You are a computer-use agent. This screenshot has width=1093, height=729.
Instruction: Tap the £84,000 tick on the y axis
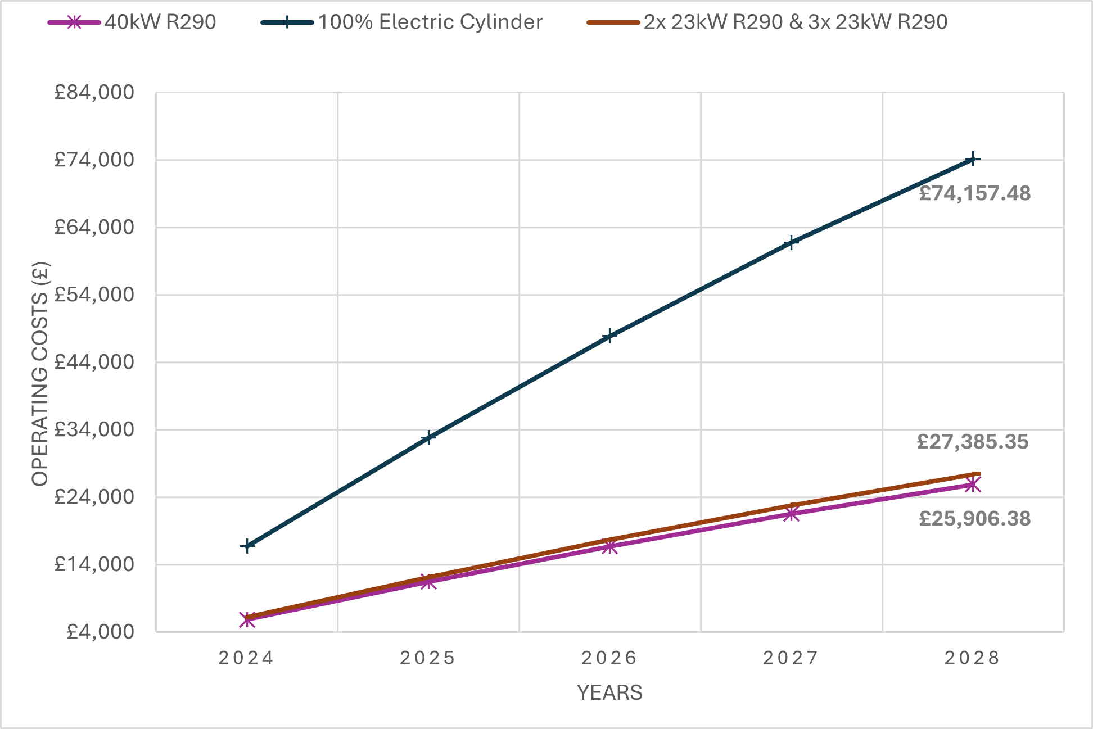[94, 93]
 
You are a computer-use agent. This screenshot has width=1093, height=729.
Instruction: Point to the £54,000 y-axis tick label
[94, 295]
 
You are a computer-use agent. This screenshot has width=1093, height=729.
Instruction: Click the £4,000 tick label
[100, 632]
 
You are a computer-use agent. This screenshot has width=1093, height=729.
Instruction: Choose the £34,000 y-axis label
[94, 430]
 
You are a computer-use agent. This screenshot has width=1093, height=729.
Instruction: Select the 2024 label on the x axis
[246, 658]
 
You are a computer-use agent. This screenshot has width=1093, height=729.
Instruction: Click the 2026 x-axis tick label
[609, 658]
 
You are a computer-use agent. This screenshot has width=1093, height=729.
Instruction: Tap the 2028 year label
[972, 658]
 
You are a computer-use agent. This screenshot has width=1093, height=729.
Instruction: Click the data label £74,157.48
[974, 194]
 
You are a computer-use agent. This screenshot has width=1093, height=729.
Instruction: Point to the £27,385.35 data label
[972, 442]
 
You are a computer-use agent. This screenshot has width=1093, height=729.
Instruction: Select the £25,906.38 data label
[974, 519]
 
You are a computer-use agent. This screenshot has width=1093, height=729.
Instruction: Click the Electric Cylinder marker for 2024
[247, 546]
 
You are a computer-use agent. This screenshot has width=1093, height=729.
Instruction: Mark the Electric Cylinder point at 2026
[609, 336]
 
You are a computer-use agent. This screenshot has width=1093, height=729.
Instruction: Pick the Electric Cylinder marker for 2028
[973, 160]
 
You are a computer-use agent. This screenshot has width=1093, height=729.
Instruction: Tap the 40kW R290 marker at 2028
[973, 485]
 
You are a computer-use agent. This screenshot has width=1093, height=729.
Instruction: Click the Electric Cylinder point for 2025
[428, 437]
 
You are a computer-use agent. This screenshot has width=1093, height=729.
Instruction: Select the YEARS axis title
[609, 693]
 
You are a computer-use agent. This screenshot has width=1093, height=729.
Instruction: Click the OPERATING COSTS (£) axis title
[40, 374]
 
